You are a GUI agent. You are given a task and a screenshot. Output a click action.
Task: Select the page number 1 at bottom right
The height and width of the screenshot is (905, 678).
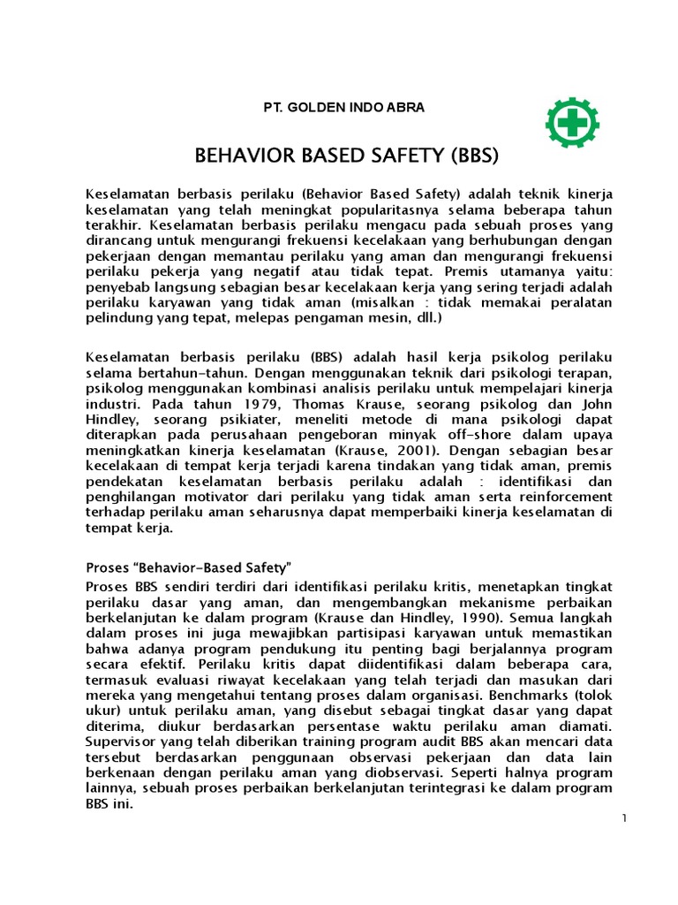pos(623,818)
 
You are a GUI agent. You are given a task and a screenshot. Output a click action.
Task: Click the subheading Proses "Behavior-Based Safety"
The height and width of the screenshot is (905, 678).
pos(189,567)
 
